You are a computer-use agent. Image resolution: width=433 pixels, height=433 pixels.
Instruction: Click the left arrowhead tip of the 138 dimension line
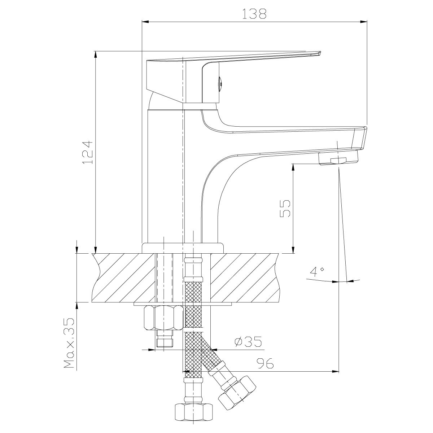142,22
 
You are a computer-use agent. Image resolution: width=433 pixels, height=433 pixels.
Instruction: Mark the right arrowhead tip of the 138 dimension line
367,22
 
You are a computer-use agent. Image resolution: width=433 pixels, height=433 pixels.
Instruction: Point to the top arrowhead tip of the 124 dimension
96,51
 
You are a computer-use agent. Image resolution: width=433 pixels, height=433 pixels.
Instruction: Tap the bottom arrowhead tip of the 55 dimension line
293,253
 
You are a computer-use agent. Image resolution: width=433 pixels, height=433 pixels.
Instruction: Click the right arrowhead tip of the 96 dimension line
338,371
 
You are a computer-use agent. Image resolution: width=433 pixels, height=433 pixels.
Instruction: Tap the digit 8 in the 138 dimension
261,14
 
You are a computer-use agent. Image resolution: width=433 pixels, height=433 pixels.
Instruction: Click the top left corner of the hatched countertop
92,254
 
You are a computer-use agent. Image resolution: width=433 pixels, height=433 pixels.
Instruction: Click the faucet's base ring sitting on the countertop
183,248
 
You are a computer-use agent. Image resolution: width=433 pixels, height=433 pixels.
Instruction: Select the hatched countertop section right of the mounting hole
245,278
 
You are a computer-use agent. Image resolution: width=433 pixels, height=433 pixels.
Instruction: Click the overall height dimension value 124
88,152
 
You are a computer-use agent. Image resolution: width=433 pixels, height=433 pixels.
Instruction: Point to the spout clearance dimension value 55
285,208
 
